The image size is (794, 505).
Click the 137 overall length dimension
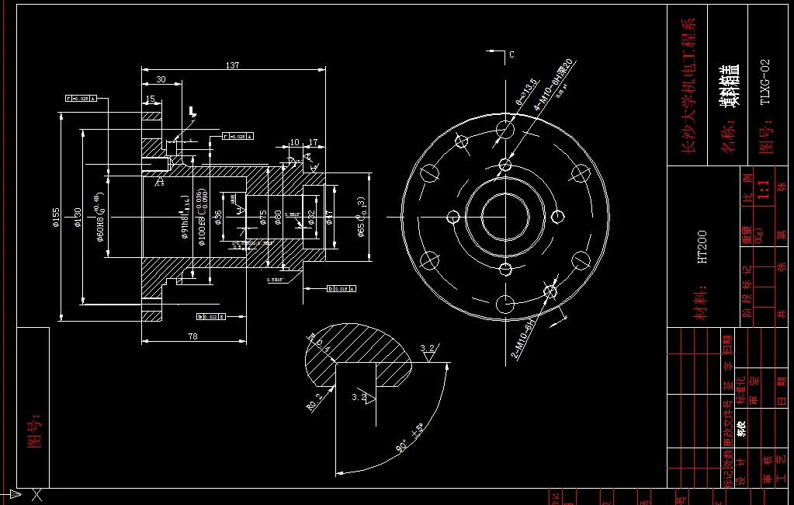tap(232, 65)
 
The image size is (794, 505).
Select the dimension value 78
tap(192, 336)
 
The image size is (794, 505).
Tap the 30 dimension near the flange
tap(161, 79)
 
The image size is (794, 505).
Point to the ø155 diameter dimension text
tap(56, 219)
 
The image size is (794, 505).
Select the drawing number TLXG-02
tap(765, 82)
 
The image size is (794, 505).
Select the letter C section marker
tap(511, 54)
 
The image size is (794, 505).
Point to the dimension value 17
tap(314, 143)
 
